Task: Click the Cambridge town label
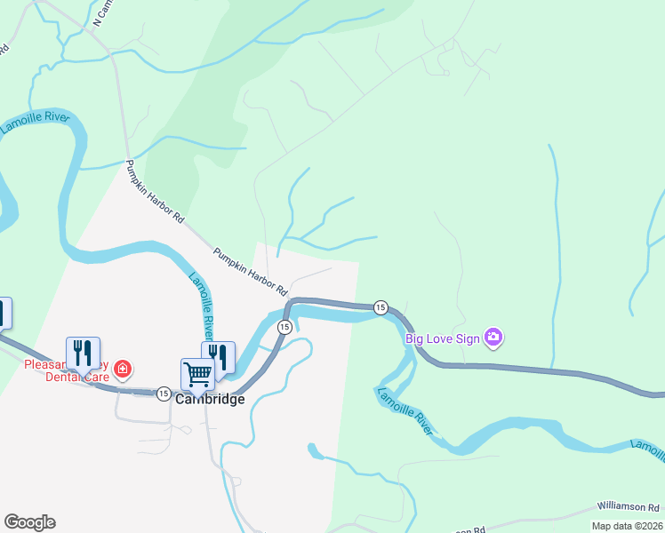[210, 399]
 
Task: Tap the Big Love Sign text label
[442, 338]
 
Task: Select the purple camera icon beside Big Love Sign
[493, 338]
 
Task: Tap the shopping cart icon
[197, 374]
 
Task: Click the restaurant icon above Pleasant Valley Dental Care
[83, 353]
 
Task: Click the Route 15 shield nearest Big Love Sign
[381, 306]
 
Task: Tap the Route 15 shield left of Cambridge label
[164, 393]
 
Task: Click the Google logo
[29, 522]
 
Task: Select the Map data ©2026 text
[626, 526]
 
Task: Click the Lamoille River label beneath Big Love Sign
[405, 410]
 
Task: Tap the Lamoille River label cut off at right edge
[648, 449]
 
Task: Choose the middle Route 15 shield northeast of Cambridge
[284, 328]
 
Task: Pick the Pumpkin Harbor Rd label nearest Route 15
[251, 272]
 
